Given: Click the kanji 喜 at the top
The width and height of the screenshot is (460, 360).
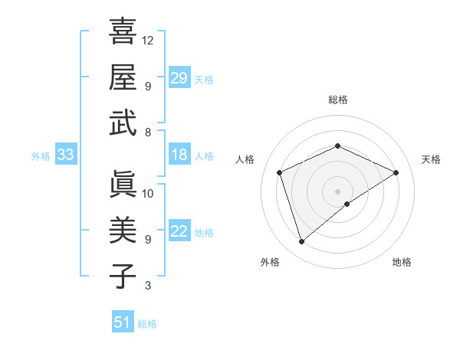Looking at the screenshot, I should (123, 33).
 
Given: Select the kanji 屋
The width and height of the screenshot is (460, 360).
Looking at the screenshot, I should (123, 77).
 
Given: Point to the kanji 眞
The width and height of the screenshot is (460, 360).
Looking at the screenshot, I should (123, 185).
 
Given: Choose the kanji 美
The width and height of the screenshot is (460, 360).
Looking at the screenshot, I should (123, 230).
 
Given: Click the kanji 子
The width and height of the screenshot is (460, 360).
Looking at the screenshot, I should (123, 275).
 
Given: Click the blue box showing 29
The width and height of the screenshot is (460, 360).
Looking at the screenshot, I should (179, 77).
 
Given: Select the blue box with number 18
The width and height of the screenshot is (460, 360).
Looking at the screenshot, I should (179, 155).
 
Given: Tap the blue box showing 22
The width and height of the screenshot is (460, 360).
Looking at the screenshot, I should (179, 231).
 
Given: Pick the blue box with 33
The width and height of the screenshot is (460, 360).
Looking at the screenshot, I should (65, 155).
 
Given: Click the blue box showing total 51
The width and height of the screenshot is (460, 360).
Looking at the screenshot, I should (123, 322).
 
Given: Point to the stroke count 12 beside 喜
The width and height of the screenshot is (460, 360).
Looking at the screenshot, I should (148, 40).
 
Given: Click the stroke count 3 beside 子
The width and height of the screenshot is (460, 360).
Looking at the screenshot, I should (148, 286).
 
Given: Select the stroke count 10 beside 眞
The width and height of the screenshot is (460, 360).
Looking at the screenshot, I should (148, 193).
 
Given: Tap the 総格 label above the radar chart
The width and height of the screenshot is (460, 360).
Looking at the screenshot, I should (337, 100).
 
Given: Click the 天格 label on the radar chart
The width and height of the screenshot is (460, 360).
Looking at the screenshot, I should (431, 159).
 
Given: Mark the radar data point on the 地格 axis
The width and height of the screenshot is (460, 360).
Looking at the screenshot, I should (347, 204).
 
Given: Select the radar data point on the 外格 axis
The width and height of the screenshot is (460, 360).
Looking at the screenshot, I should (301, 242).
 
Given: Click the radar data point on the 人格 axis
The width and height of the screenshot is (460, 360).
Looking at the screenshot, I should (280, 172).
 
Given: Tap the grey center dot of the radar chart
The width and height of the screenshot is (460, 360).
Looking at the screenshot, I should (337, 191).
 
